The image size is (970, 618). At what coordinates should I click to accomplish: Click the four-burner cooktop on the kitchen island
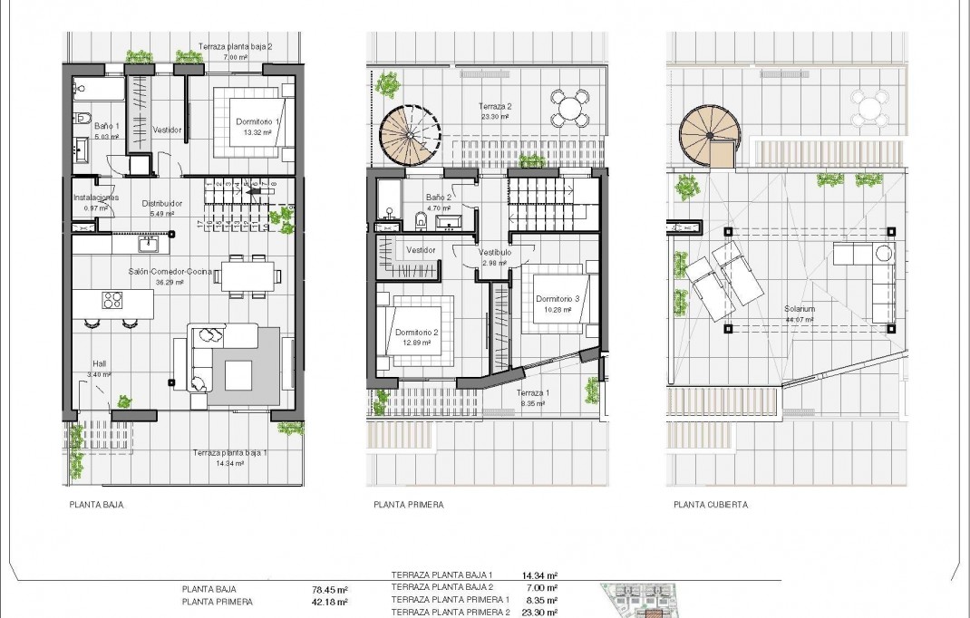tap(113, 300)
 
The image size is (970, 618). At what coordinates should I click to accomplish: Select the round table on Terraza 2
tap(569, 109)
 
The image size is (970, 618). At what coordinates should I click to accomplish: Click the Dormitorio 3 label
tap(556, 299)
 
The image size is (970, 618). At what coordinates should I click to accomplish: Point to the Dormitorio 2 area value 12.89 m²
tap(416, 343)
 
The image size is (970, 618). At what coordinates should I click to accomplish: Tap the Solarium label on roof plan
tap(800, 309)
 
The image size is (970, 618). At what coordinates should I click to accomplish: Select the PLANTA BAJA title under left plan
tap(96, 506)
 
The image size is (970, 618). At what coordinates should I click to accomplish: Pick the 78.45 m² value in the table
tap(330, 587)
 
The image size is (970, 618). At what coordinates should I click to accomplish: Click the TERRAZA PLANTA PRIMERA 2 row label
tap(451, 613)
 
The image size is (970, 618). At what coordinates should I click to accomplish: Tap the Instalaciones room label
tap(95, 198)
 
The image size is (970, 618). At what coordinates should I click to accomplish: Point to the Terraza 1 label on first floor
tap(533, 393)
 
